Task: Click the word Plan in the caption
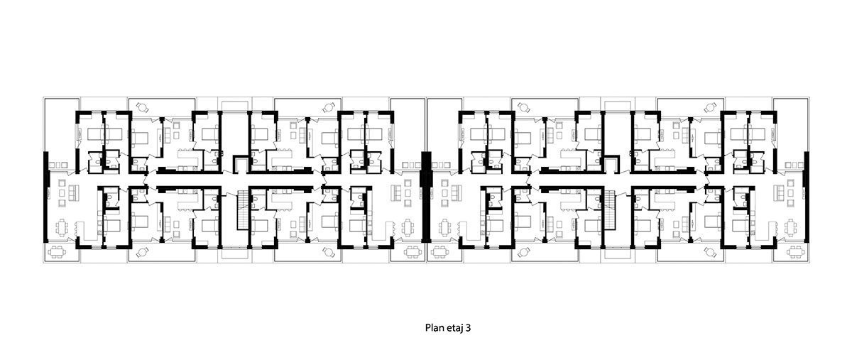point(433,327)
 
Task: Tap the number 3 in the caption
point(468,327)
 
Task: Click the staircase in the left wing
point(243,210)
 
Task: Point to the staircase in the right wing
point(610,210)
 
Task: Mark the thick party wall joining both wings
point(427,197)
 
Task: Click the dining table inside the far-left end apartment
point(62,228)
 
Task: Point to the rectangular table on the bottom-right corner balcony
point(796,252)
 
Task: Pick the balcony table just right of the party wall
point(439,252)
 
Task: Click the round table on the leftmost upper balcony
point(142,107)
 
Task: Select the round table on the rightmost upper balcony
point(711,107)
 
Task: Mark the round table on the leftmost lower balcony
point(142,252)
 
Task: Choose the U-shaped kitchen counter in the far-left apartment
point(88,231)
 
